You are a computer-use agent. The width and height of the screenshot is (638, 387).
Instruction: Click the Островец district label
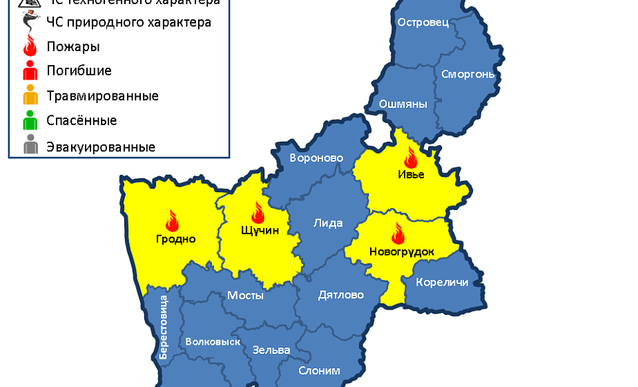pos(423,22)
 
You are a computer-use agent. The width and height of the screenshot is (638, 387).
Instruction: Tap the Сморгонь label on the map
pos(467,73)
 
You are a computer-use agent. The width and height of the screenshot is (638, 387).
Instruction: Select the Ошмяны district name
pos(403,104)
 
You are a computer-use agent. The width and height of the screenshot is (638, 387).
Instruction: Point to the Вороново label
pos(316,158)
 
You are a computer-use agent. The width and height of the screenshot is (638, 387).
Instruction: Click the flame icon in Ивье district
pos(412,157)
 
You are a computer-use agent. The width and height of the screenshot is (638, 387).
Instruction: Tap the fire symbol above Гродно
pos(172,220)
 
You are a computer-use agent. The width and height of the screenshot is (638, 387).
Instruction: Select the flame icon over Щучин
pos(258,212)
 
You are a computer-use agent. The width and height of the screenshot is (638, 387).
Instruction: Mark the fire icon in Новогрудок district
pos(398,233)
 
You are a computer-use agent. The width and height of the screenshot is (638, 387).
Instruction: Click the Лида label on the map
pos(327,223)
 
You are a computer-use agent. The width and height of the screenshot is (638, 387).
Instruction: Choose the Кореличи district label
pos(442,282)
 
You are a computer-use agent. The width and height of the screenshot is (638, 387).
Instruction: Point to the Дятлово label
pos(340,295)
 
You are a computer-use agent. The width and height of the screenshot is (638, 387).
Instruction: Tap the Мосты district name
pos(245,295)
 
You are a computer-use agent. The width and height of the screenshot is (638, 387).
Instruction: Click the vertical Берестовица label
pos(164,326)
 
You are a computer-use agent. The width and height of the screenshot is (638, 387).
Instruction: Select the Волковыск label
pos(213,341)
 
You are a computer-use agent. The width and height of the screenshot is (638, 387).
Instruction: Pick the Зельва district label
pos(271,350)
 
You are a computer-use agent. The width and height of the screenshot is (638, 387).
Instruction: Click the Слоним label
pos(319,370)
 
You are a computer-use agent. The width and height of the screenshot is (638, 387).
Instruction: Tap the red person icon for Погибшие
pos(30,70)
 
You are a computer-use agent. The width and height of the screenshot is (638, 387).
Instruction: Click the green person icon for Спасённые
pos(30,121)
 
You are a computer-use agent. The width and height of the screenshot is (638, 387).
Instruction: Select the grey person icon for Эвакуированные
pos(30,147)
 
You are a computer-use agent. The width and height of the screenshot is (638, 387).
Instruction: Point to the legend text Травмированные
pos(102,95)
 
